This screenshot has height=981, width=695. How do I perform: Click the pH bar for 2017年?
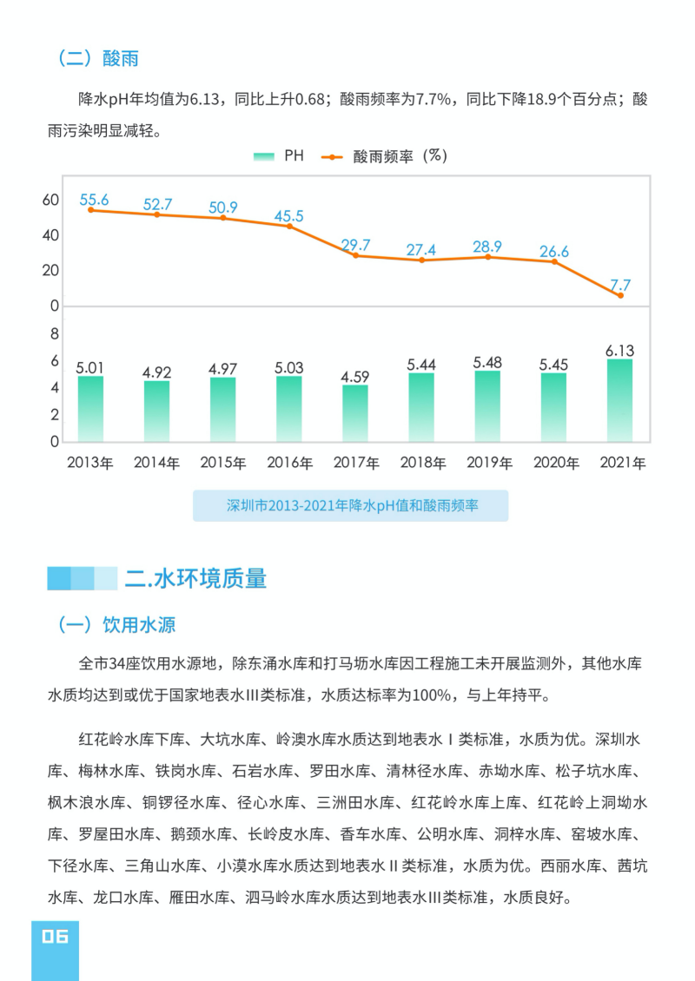(354, 413)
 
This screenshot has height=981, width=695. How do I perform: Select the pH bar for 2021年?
(619, 400)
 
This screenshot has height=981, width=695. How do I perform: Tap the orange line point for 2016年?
(288, 226)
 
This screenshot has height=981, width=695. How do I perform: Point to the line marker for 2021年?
(620, 296)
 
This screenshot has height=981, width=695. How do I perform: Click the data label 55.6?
(94, 200)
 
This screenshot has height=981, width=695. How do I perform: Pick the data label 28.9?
(487, 247)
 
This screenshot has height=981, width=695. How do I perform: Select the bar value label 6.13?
(619, 351)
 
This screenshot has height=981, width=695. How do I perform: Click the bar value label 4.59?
(354, 377)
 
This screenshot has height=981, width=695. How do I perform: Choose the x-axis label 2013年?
(90, 463)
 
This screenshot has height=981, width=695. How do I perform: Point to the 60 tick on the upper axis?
(50, 200)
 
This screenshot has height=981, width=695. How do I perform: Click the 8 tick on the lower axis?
(54, 334)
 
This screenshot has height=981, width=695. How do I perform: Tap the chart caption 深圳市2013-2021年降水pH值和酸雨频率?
(351, 505)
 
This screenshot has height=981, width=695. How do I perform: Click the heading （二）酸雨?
(98, 58)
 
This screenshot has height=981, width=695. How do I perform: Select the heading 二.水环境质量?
(195, 578)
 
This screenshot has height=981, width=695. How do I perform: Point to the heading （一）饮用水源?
(116, 625)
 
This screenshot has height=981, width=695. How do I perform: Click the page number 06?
(54, 936)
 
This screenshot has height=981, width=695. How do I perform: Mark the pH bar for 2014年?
(156, 411)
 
